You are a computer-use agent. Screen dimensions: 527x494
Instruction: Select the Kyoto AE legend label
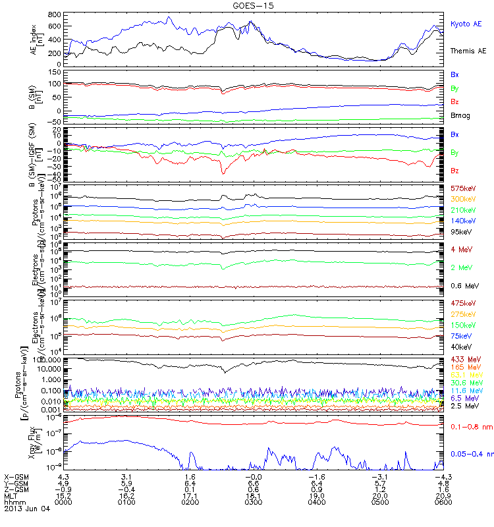click(x=466, y=24)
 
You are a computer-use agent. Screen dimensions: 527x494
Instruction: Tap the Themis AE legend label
click(x=468, y=51)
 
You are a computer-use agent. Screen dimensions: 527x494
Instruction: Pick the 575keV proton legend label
click(x=462, y=188)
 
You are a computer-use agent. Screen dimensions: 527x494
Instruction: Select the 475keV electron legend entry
click(x=462, y=303)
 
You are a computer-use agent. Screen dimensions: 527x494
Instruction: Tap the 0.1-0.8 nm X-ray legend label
click(x=468, y=427)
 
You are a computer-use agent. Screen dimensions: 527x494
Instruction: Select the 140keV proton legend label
click(x=462, y=220)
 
